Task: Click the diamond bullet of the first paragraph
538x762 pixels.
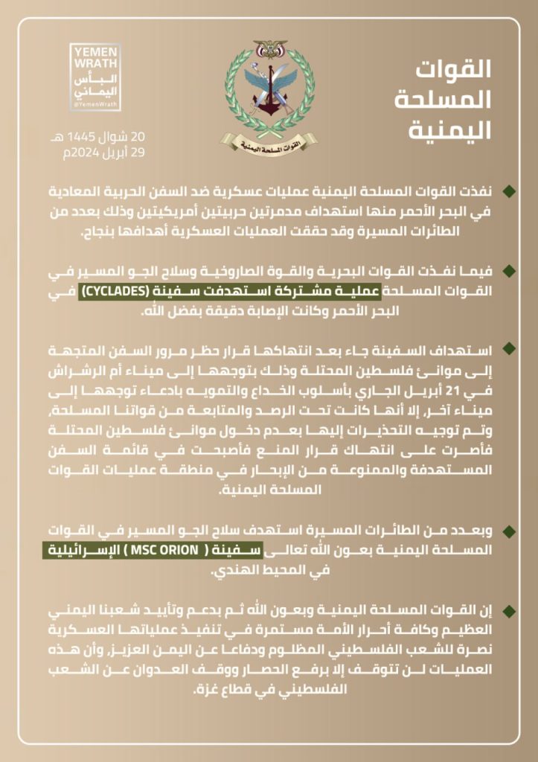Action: pos(509,193)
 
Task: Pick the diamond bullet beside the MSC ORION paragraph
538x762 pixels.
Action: pos(509,531)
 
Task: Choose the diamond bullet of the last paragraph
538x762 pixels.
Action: pos(509,610)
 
